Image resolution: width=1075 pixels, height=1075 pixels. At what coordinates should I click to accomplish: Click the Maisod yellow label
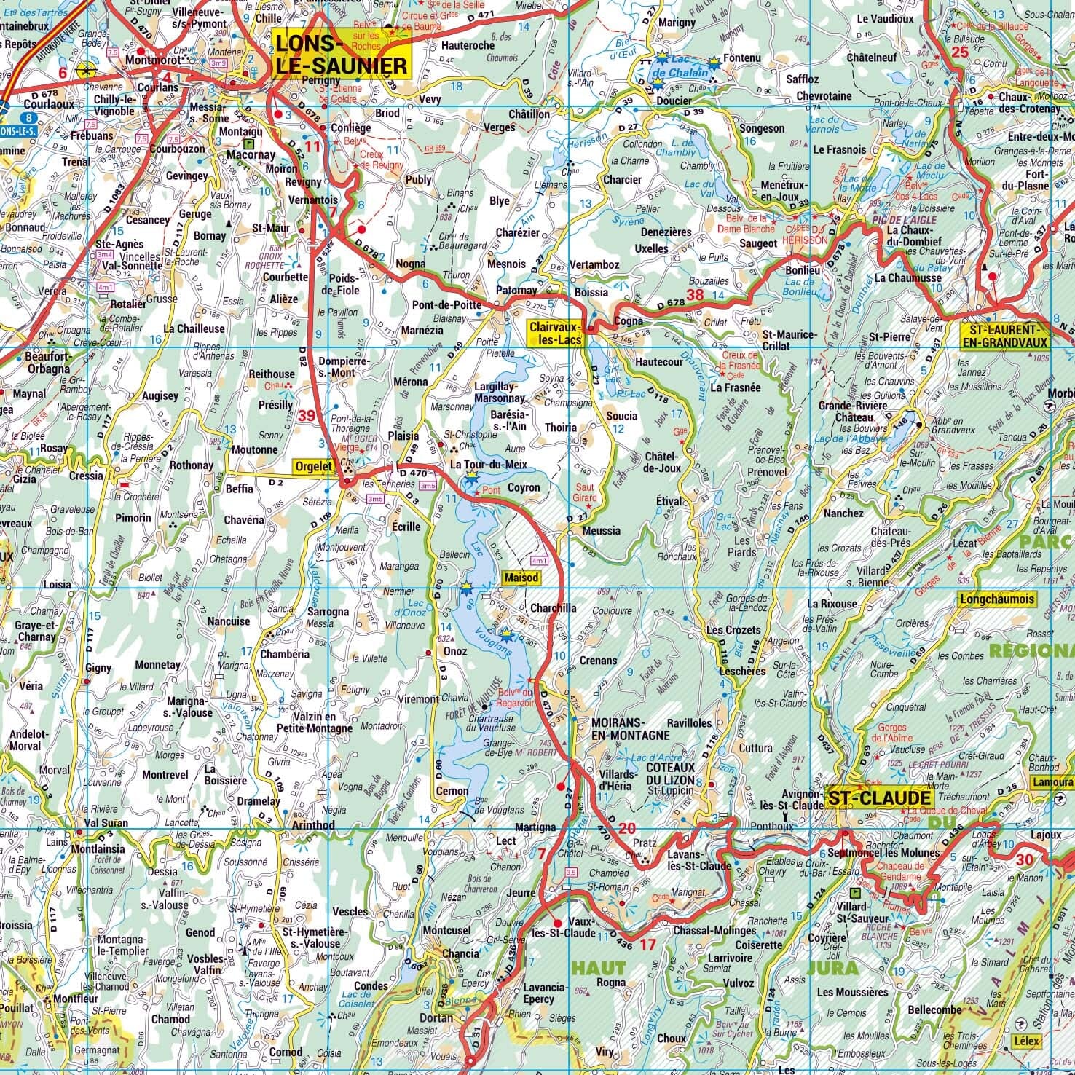pos(521,578)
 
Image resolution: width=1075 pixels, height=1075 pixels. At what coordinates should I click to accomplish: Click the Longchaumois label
pos(996,599)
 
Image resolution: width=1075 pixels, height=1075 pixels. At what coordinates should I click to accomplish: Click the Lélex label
pos(1025,1041)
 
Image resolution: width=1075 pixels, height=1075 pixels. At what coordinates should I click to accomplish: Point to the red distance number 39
pos(307,415)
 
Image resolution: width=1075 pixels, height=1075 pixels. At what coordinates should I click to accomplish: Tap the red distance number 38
pos(695,295)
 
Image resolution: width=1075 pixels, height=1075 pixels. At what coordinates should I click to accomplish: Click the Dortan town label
pos(436,1017)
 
